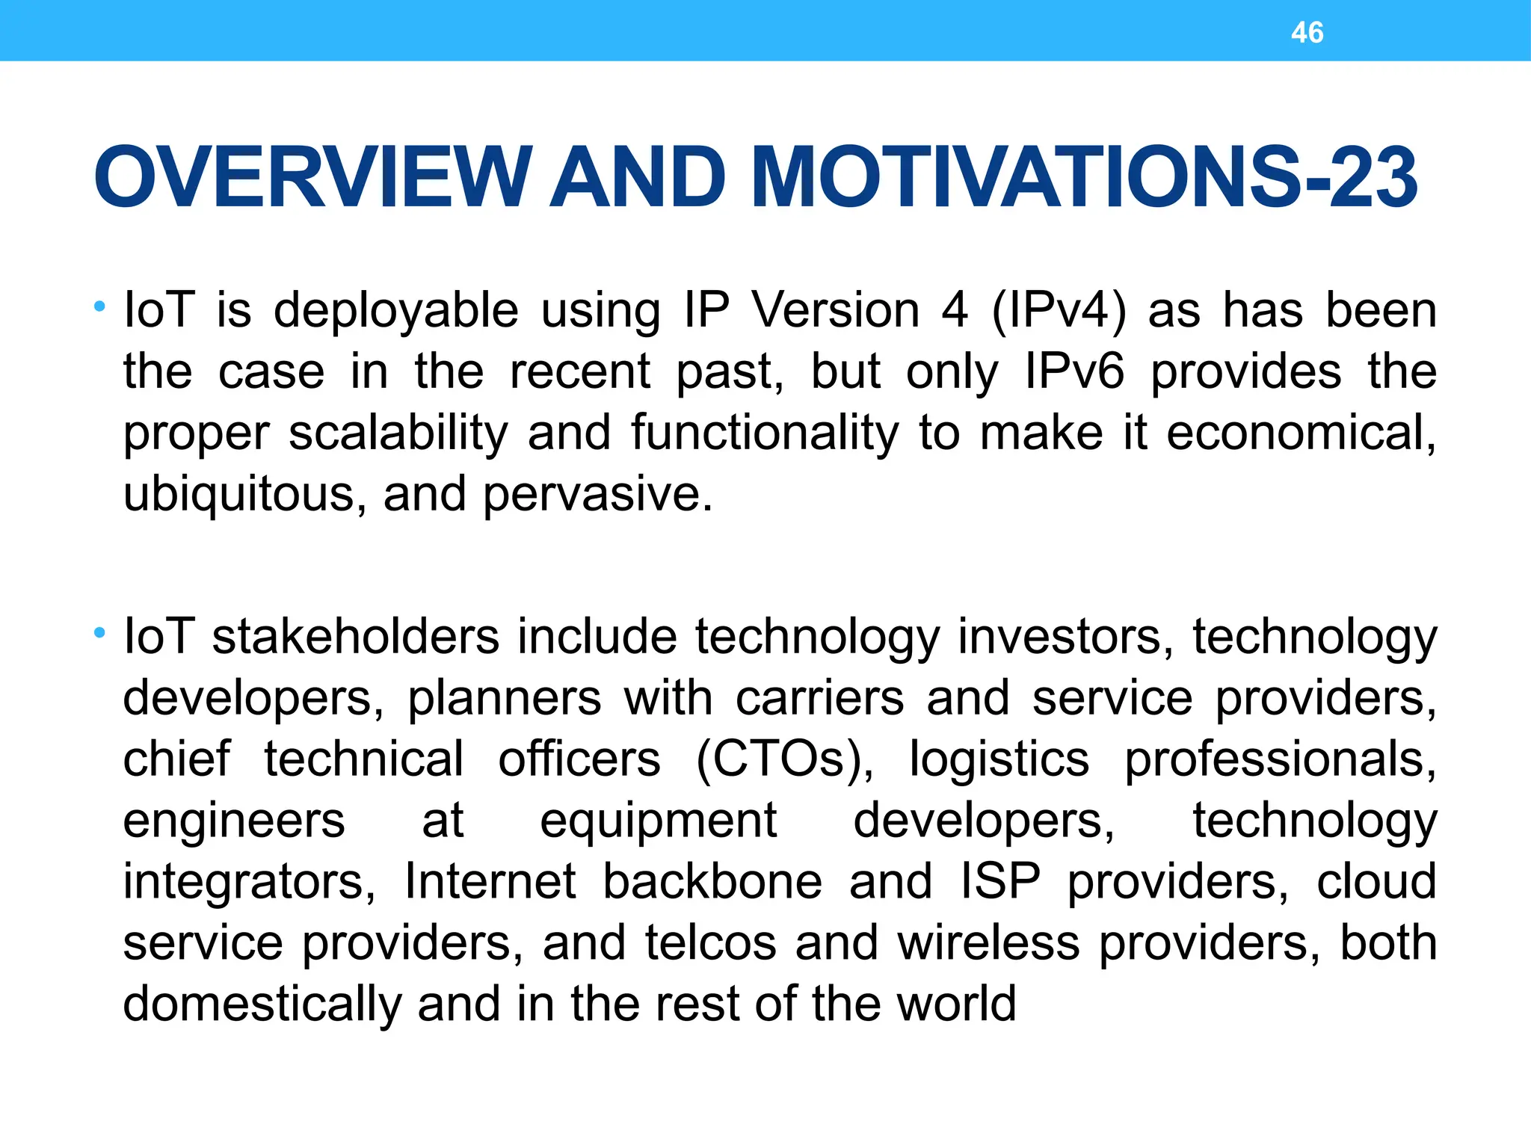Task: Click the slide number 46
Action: (1307, 33)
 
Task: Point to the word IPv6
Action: (1074, 371)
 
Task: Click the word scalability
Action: (398, 433)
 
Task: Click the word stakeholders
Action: (355, 637)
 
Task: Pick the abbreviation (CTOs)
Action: (784, 759)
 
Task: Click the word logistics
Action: (999, 759)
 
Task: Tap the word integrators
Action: (249, 882)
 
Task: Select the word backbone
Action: (712, 882)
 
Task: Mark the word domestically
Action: (262, 1004)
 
